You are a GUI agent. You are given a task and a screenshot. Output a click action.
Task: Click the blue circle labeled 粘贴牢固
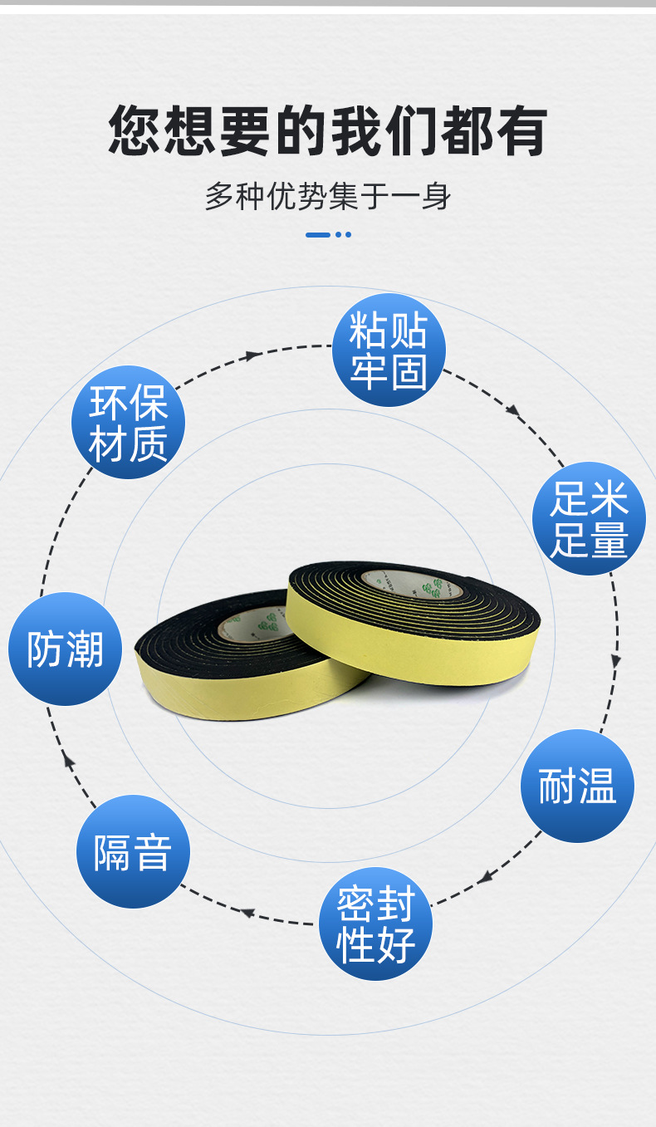[389, 350]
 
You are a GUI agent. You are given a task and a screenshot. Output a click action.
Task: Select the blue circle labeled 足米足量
[589, 518]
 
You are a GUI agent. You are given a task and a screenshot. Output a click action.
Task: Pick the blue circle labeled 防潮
[65, 649]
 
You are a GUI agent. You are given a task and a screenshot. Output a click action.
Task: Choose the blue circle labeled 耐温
[577, 786]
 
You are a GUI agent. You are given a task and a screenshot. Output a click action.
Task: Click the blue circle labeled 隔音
[133, 851]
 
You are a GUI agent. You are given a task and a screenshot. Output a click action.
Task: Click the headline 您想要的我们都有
[328, 130]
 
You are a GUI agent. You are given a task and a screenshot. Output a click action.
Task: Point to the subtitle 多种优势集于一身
[328, 197]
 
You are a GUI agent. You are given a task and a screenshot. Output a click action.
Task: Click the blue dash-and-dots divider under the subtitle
[328, 235]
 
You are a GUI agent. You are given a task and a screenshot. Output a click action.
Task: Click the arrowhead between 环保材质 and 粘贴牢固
[252, 356]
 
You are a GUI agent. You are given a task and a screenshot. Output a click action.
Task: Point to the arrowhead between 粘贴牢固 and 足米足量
[513, 410]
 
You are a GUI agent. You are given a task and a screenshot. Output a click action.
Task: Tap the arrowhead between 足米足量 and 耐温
[615, 661]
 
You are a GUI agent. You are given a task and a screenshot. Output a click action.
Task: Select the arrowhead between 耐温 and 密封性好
[485, 877]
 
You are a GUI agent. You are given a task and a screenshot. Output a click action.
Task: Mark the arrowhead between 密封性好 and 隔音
[247, 912]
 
